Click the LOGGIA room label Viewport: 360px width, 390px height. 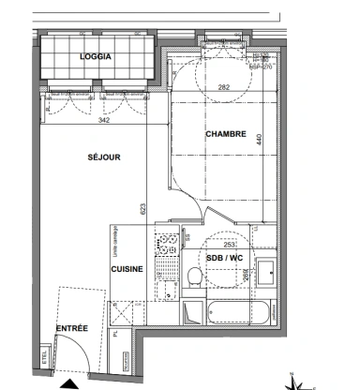coord(96,56)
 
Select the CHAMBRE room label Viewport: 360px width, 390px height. coord(225,133)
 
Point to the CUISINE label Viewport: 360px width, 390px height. coord(127,269)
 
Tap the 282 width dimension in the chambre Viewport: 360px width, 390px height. coord(224,86)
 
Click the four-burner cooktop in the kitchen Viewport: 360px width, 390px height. coord(170,245)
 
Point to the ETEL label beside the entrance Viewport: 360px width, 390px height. coord(44,357)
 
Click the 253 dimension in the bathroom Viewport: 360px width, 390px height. coord(231,241)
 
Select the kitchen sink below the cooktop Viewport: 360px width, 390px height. coord(170,280)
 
